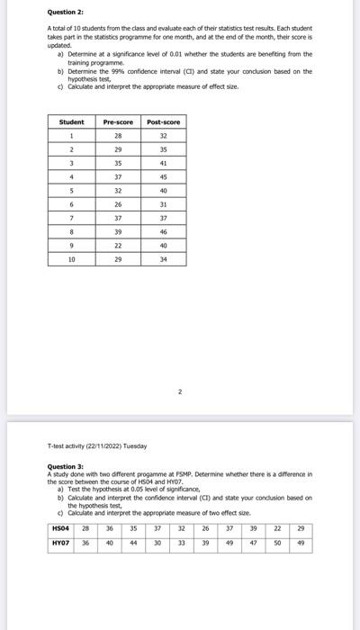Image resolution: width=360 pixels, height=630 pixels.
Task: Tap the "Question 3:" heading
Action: (x=65, y=464)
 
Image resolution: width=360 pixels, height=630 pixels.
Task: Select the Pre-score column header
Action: (x=117, y=121)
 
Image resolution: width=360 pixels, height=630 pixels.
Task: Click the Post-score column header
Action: (x=162, y=121)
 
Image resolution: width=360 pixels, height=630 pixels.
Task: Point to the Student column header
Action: (x=71, y=121)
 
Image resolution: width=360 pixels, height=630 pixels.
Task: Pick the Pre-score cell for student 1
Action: (x=117, y=135)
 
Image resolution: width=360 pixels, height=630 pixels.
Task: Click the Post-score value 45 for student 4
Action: (x=162, y=176)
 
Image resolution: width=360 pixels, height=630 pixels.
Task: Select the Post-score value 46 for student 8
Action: (x=162, y=231)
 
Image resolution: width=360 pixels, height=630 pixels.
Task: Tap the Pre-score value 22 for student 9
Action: (x=117, y=245)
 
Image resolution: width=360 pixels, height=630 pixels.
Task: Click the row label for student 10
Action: (x=71, y=259)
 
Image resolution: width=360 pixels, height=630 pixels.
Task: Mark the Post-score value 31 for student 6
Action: (x=162, y=203)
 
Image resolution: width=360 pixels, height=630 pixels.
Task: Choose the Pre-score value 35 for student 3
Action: (x=117, y=163)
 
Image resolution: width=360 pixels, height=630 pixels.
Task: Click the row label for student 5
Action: (x=71, y=190)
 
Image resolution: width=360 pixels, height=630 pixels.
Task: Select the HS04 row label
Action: (x=61, y=529)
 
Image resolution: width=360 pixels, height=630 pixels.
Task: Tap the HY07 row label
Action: (x=61, y=544)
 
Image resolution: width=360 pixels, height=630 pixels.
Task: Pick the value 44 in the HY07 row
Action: (x=133, y=544)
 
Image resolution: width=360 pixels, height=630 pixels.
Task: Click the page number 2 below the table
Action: (x=180, y=391)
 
